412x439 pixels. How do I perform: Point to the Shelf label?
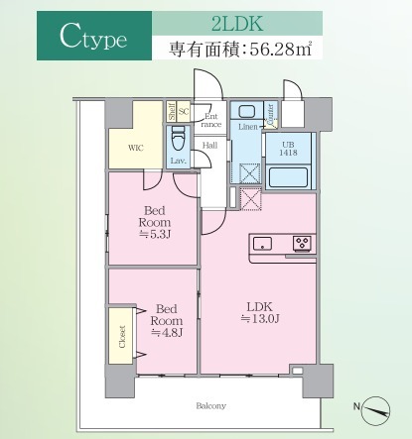172,112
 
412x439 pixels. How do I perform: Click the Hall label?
209,147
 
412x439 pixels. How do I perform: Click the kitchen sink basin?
265,244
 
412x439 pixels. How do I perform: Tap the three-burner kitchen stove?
302,244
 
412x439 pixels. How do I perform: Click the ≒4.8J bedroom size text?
165,332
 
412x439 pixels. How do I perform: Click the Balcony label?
209,405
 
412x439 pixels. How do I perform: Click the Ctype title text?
90,41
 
